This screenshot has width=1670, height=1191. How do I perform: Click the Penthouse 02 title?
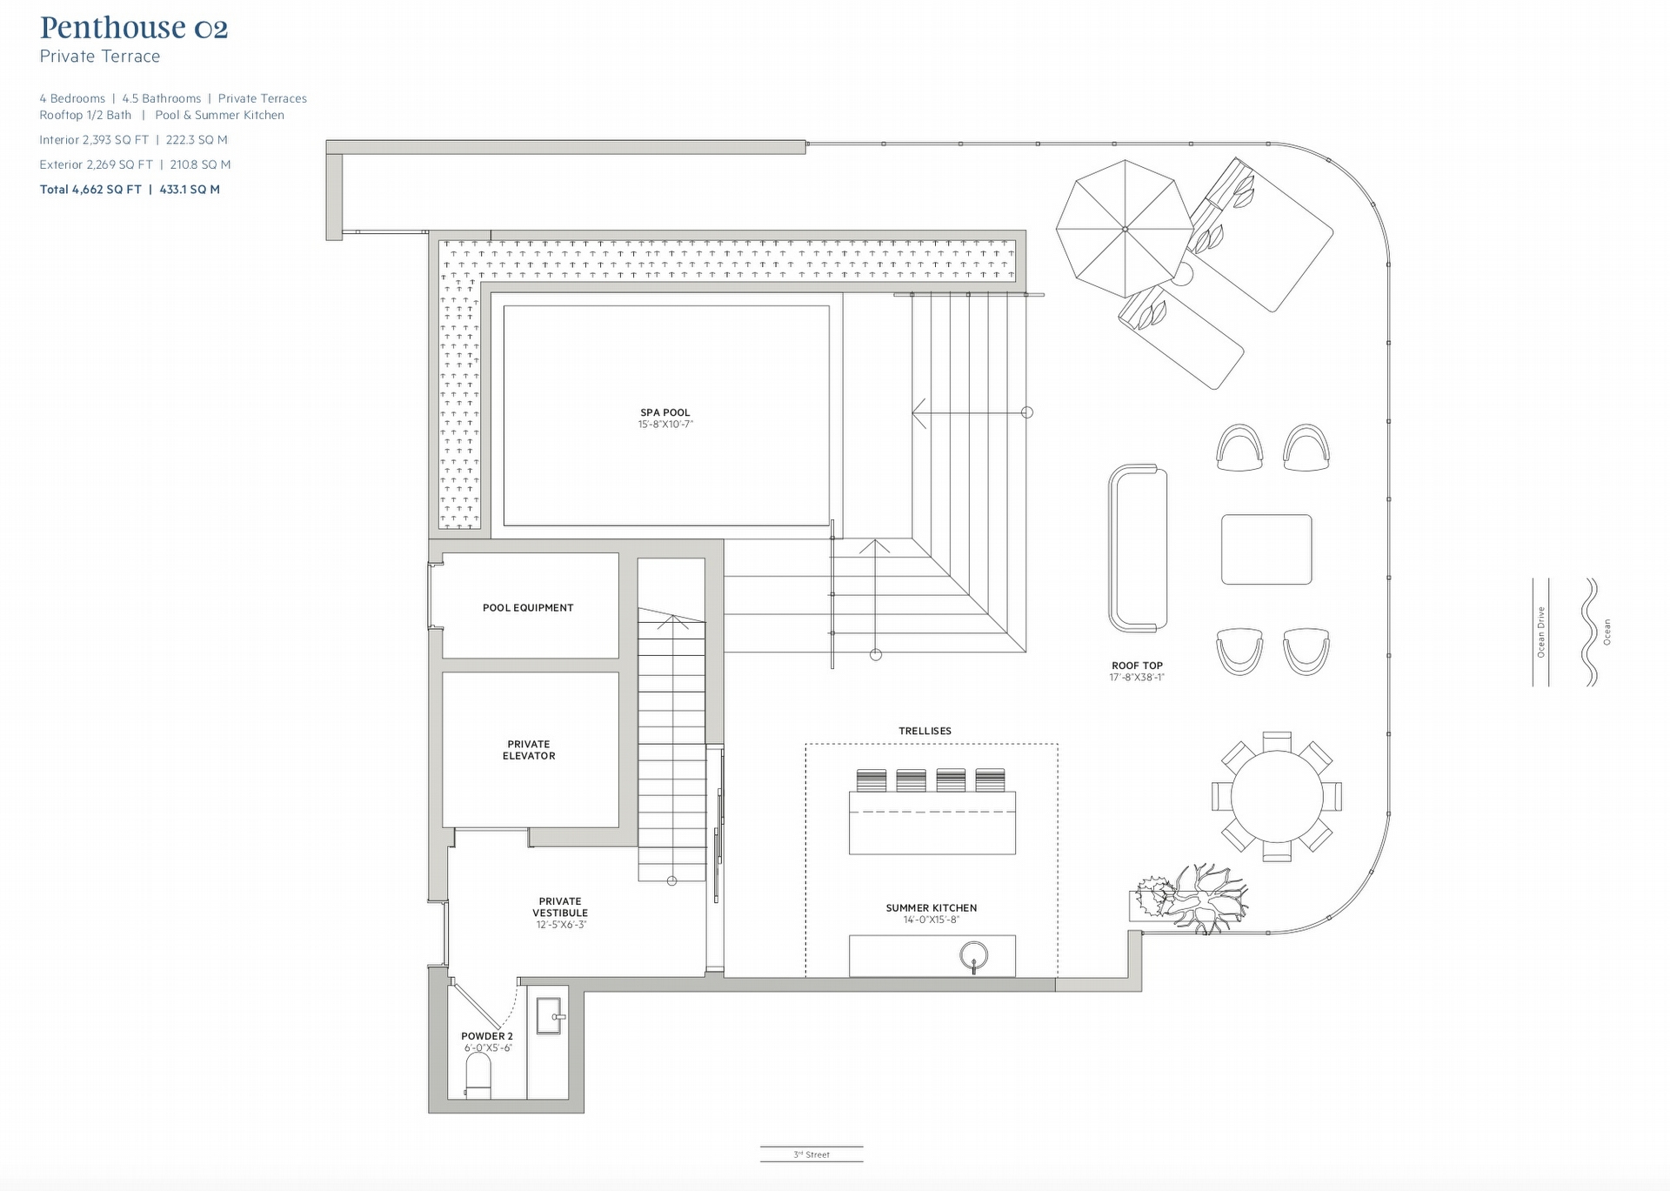tap(134, 28)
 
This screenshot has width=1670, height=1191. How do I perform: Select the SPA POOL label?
tap(665, 413)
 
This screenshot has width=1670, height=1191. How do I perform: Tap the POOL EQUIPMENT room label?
tap(528, 608)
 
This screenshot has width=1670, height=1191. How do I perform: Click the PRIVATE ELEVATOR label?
tap(529, 750)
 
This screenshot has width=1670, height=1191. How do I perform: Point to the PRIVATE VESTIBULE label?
tap(560, 907)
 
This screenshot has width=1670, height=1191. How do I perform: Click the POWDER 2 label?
tap(487, 1036)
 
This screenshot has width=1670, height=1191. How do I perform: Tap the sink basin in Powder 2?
tap(549, 1016)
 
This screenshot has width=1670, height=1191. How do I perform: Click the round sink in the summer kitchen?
tap(974, 956)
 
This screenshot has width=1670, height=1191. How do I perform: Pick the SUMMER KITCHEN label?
tap(932, 908)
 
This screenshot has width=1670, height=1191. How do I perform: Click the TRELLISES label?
tap(925, 731)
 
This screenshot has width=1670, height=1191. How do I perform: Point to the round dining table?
tap(1277, 796)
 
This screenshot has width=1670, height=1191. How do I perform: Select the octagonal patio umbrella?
tap(1125, 229)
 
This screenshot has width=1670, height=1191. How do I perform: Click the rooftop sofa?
tap(1138, 548)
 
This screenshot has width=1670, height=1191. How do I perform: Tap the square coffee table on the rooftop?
tap(1266, 549)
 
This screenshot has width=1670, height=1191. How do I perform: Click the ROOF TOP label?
tap(1137, 666)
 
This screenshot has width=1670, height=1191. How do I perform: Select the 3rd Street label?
tap(812, 1154)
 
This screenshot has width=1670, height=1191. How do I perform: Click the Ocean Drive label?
tap(1541, 632)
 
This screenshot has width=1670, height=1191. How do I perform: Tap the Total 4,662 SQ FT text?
tap(90, 190)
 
